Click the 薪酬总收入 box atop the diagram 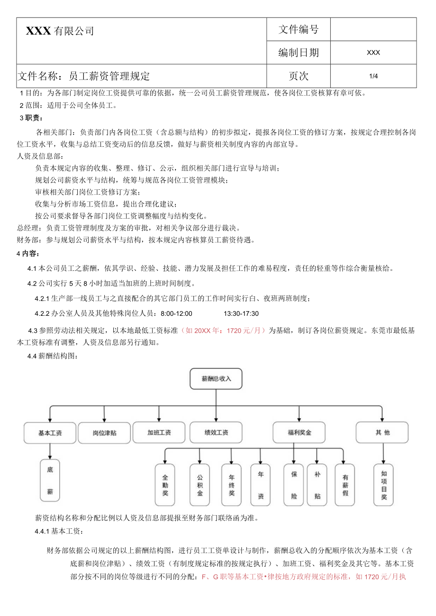[216, 379]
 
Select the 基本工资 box [50, 433]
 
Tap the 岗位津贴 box [104, 433]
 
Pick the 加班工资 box [159, 432]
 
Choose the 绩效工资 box [216, 432]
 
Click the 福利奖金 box [299, 432]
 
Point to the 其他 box [382, 432]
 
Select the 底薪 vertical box [50, 480]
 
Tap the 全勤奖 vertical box [165, 484]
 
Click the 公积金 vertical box [200, 484]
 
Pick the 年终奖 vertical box [231, 484]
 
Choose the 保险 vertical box [294, 484]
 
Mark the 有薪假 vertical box [345, 484]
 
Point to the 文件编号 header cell [299, 29]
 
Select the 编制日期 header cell [299, 53]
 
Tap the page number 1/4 [373, 76]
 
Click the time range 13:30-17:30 [241, 313]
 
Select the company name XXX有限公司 [60, 31]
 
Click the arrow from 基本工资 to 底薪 [50, 451]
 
